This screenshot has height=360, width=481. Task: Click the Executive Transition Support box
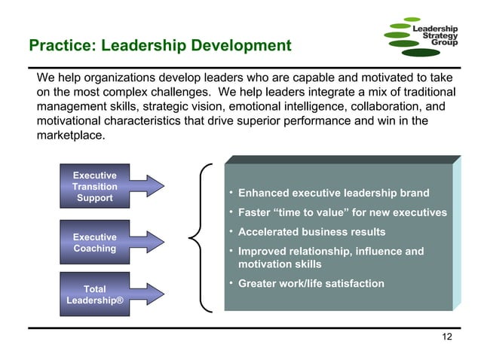[94, 187]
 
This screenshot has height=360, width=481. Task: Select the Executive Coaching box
[94, 243]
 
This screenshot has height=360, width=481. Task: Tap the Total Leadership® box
[94, 294]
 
